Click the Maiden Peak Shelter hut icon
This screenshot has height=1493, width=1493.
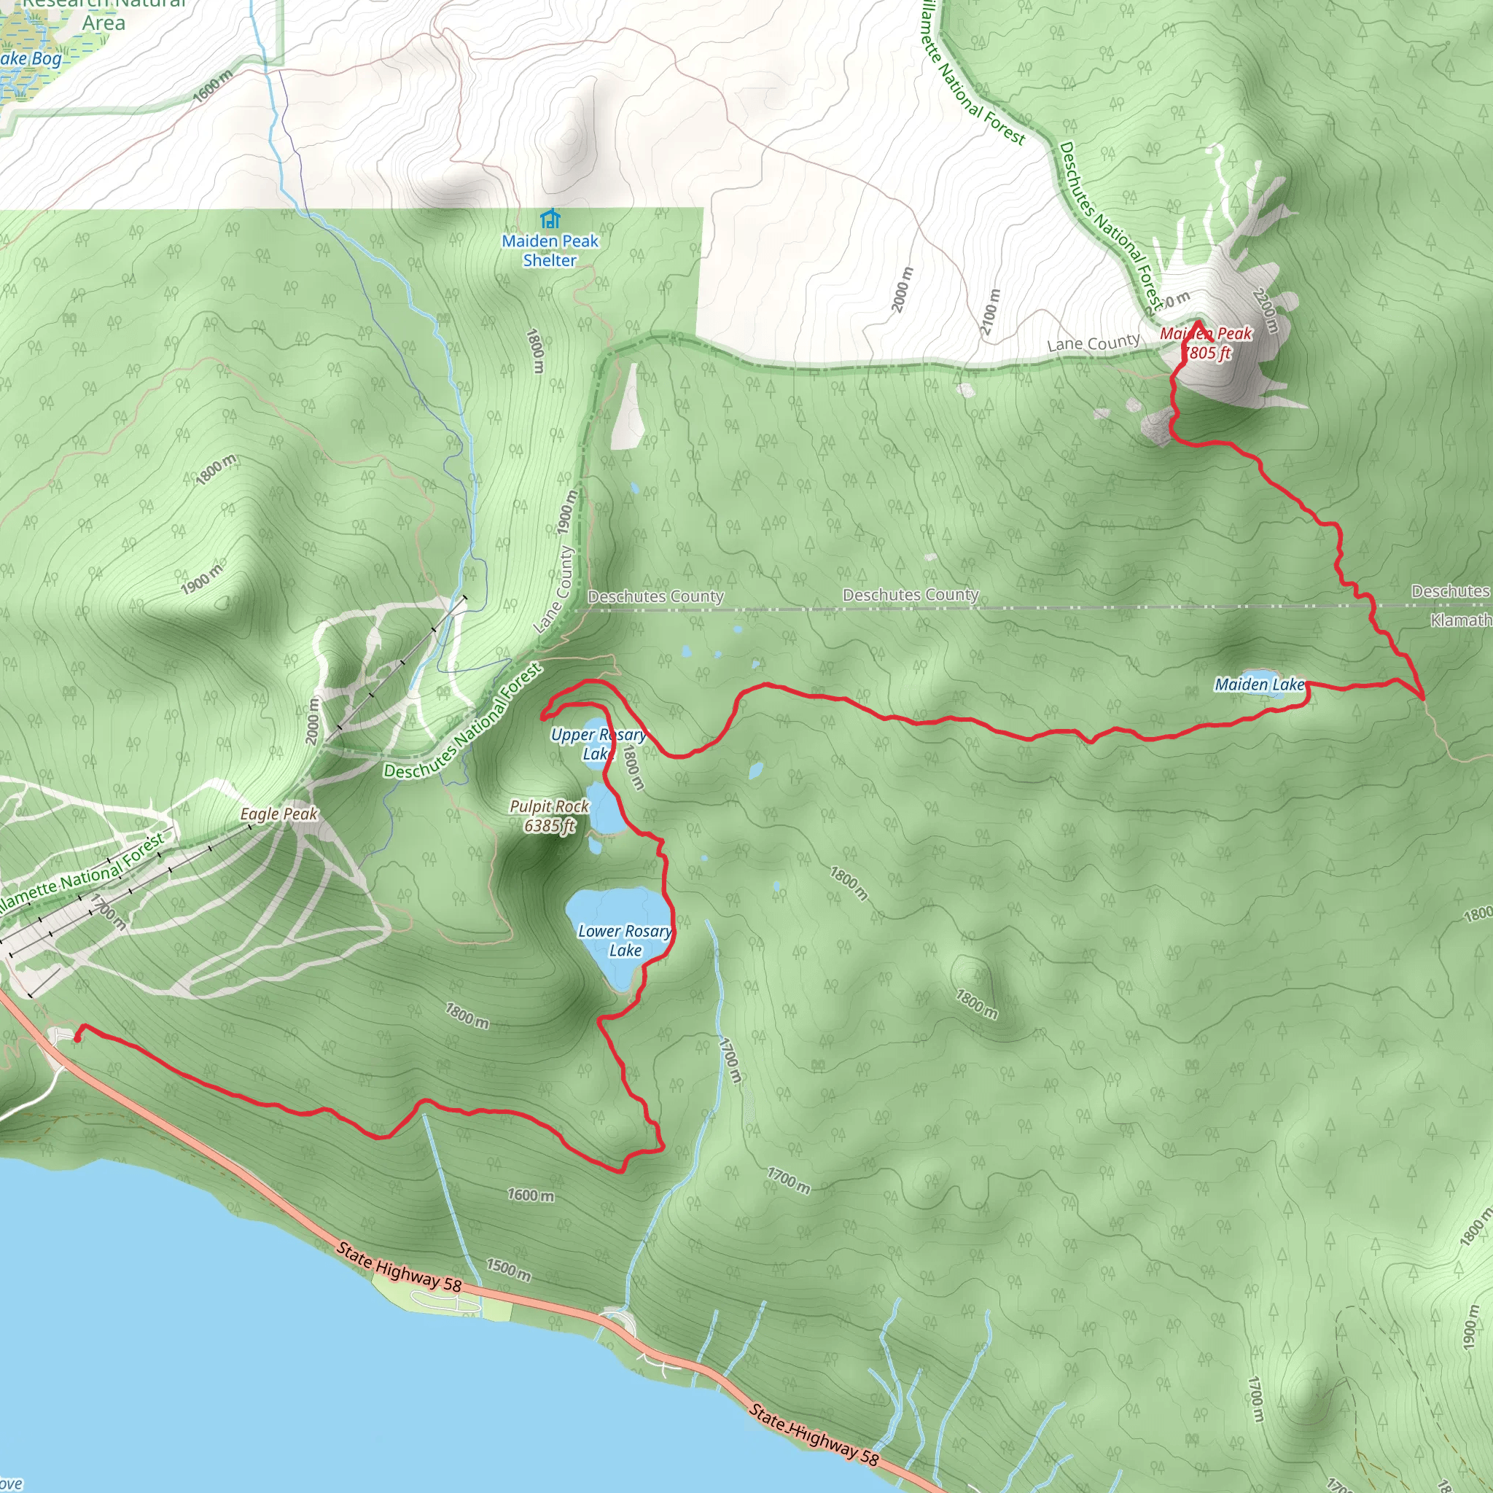point(550,219)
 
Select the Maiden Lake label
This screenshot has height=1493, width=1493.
point(1259,684)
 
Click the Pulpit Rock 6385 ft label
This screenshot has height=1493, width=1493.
point(550,816)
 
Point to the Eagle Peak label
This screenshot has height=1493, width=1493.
point(278,814)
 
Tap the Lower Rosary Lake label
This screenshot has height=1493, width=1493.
point(625,940)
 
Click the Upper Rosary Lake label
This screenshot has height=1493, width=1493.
point(597,744)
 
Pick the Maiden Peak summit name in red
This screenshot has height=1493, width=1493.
point(1206,343)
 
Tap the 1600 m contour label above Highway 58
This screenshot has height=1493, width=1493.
point(530,1195)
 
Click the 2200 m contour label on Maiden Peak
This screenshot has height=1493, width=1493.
point(1265,311)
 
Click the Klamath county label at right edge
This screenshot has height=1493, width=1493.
point(1459,620)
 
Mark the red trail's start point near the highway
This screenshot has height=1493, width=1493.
point(77,1039)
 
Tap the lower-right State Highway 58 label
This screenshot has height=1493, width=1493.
point(813,1434)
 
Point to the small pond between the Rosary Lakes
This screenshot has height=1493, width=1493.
point(595,845)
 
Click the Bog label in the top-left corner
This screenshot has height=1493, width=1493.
point(47,58)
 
